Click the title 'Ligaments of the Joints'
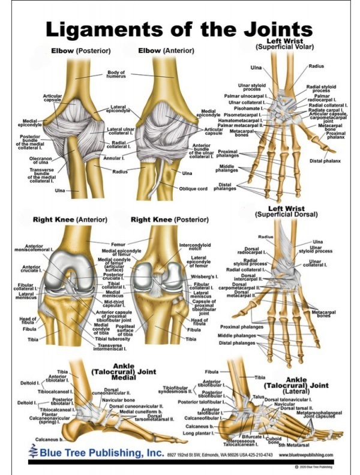179,28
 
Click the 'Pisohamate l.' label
245,109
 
